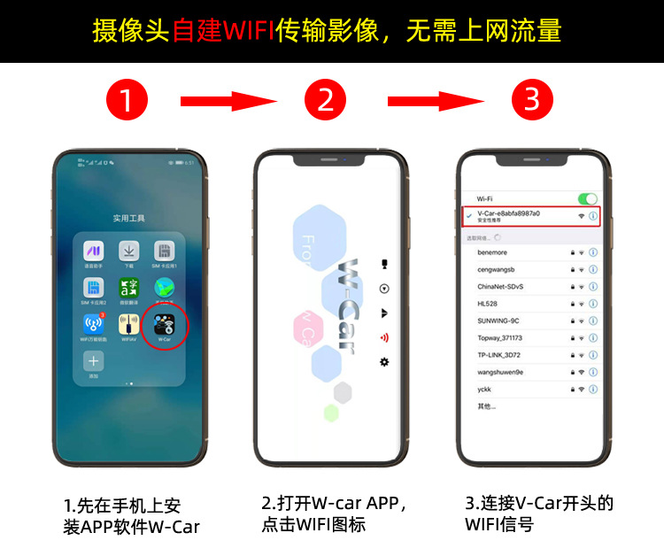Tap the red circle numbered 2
click(x=326, y=100)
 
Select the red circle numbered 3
click(x=530, y=100)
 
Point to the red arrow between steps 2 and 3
click(x=429, y=101)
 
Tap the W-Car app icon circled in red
click(x=164, y=324)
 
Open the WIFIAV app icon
click(x=129, y=324)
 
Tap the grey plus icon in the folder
click(x=93, y=361)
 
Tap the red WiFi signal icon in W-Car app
click(x=383, y=337)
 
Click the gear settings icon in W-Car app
click(x=383, y=361)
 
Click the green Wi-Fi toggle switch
click(x=587, y=199)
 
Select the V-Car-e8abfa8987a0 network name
click(x=508, y=213)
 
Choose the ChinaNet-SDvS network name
click(x=501, y=286)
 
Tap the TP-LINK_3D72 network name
click(x=501, y=355)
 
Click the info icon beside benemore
click(x=593, y=252)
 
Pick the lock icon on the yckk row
click(x=572, y=389)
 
